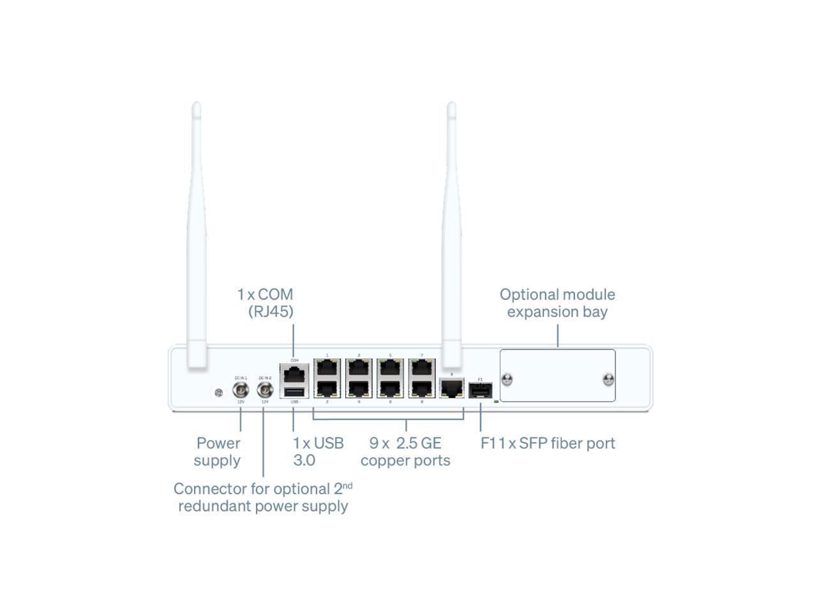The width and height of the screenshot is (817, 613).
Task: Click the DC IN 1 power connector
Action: point(241,390)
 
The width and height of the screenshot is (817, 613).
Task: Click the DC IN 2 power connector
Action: point(264,390)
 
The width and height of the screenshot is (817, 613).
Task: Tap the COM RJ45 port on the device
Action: point(294,373)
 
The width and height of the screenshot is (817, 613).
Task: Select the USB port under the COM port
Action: point(294,391)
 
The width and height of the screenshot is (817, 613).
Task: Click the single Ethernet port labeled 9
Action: point(452,387)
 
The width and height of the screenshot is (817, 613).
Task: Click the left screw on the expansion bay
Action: point(507,380)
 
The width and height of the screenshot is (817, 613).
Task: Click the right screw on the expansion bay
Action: point(608,380)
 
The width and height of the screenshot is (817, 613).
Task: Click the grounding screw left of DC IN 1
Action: point(219,393)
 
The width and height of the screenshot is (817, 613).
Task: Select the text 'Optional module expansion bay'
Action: point(557,303)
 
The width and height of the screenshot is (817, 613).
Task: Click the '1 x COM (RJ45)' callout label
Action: point(266,303)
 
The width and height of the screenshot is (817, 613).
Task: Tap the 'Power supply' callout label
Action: point(218,451)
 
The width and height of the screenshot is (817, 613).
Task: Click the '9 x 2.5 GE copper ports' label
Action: point(405,451)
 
